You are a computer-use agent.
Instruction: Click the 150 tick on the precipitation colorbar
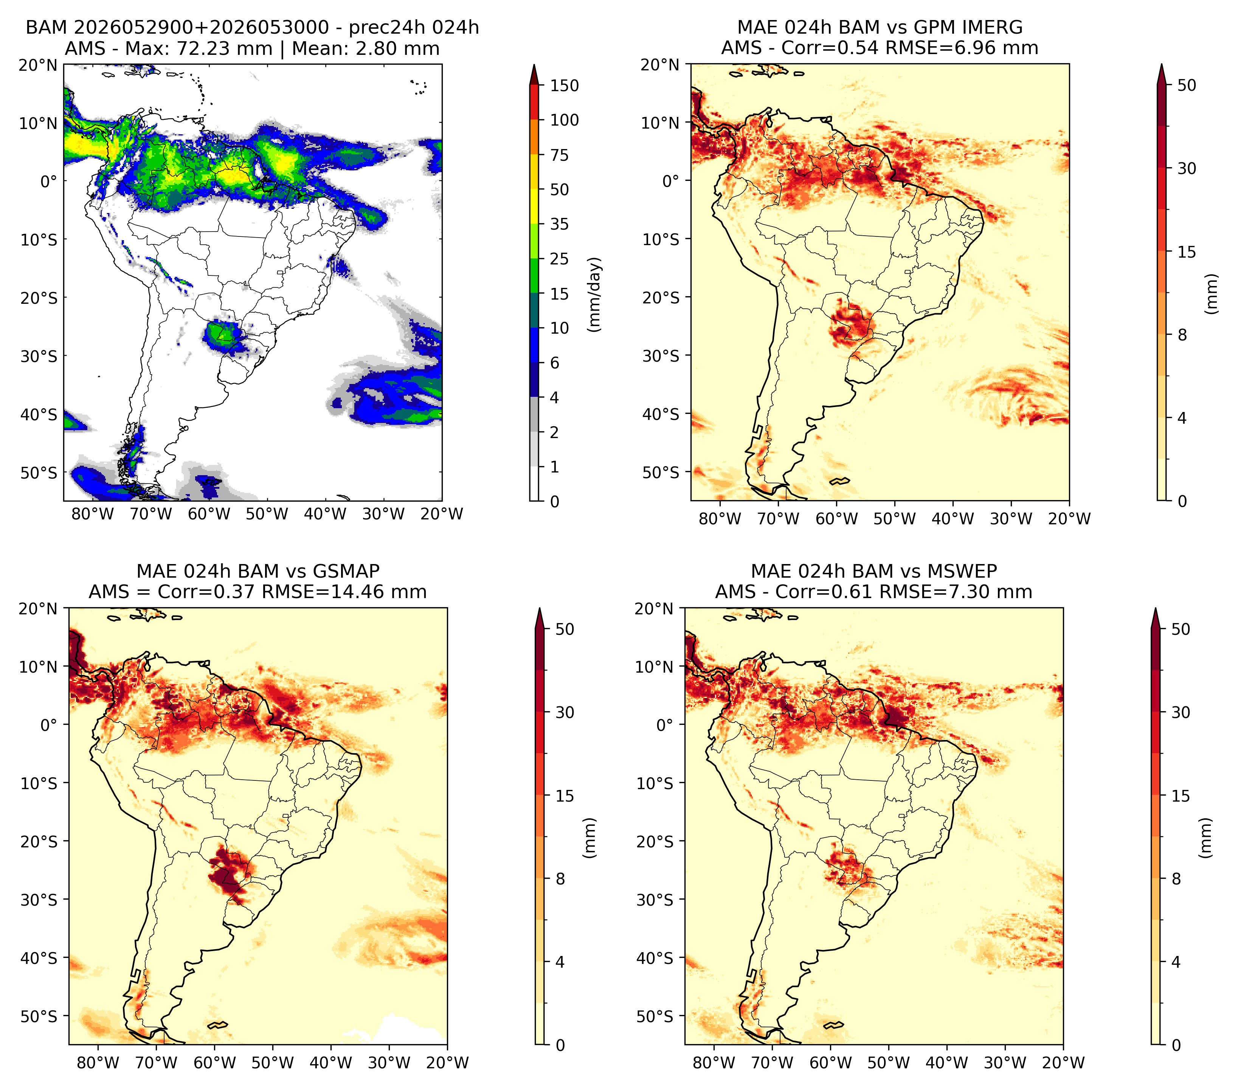[x=564, y=85]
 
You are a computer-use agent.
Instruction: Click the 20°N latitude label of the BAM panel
[x=38, y=65]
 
